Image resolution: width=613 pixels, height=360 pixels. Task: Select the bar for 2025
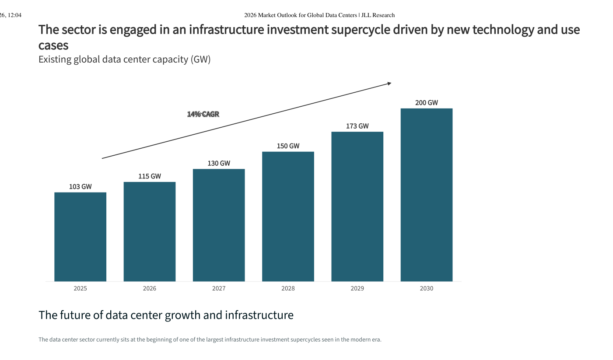(80, 237)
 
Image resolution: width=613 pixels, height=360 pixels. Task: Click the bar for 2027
(219, 225)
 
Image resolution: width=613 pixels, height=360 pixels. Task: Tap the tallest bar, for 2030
(427, 195)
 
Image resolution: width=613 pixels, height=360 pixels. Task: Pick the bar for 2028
(288, 217)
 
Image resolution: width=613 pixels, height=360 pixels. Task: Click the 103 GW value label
(80, 187)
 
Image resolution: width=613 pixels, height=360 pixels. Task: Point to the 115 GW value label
(149, 176)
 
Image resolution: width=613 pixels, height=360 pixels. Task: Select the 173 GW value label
(357, 126)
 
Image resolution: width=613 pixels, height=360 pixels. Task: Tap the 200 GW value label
(427, 103)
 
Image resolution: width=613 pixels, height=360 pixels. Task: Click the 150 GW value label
(288, 146)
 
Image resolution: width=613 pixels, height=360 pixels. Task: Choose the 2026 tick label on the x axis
(149, 288)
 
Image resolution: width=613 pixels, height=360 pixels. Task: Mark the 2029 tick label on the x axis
(357, 288)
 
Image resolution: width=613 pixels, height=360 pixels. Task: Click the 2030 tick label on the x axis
(427, 288)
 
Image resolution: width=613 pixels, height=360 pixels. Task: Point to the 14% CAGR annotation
(203, 114)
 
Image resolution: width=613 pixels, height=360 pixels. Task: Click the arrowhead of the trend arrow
(389, 84)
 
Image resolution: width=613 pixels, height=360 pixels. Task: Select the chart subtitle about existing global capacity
(125, 59)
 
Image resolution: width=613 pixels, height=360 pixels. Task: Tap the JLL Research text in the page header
(378, 15)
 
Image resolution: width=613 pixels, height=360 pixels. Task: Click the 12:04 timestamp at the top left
(15, 15)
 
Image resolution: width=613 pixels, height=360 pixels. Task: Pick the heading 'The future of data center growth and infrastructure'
(166, 315)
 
